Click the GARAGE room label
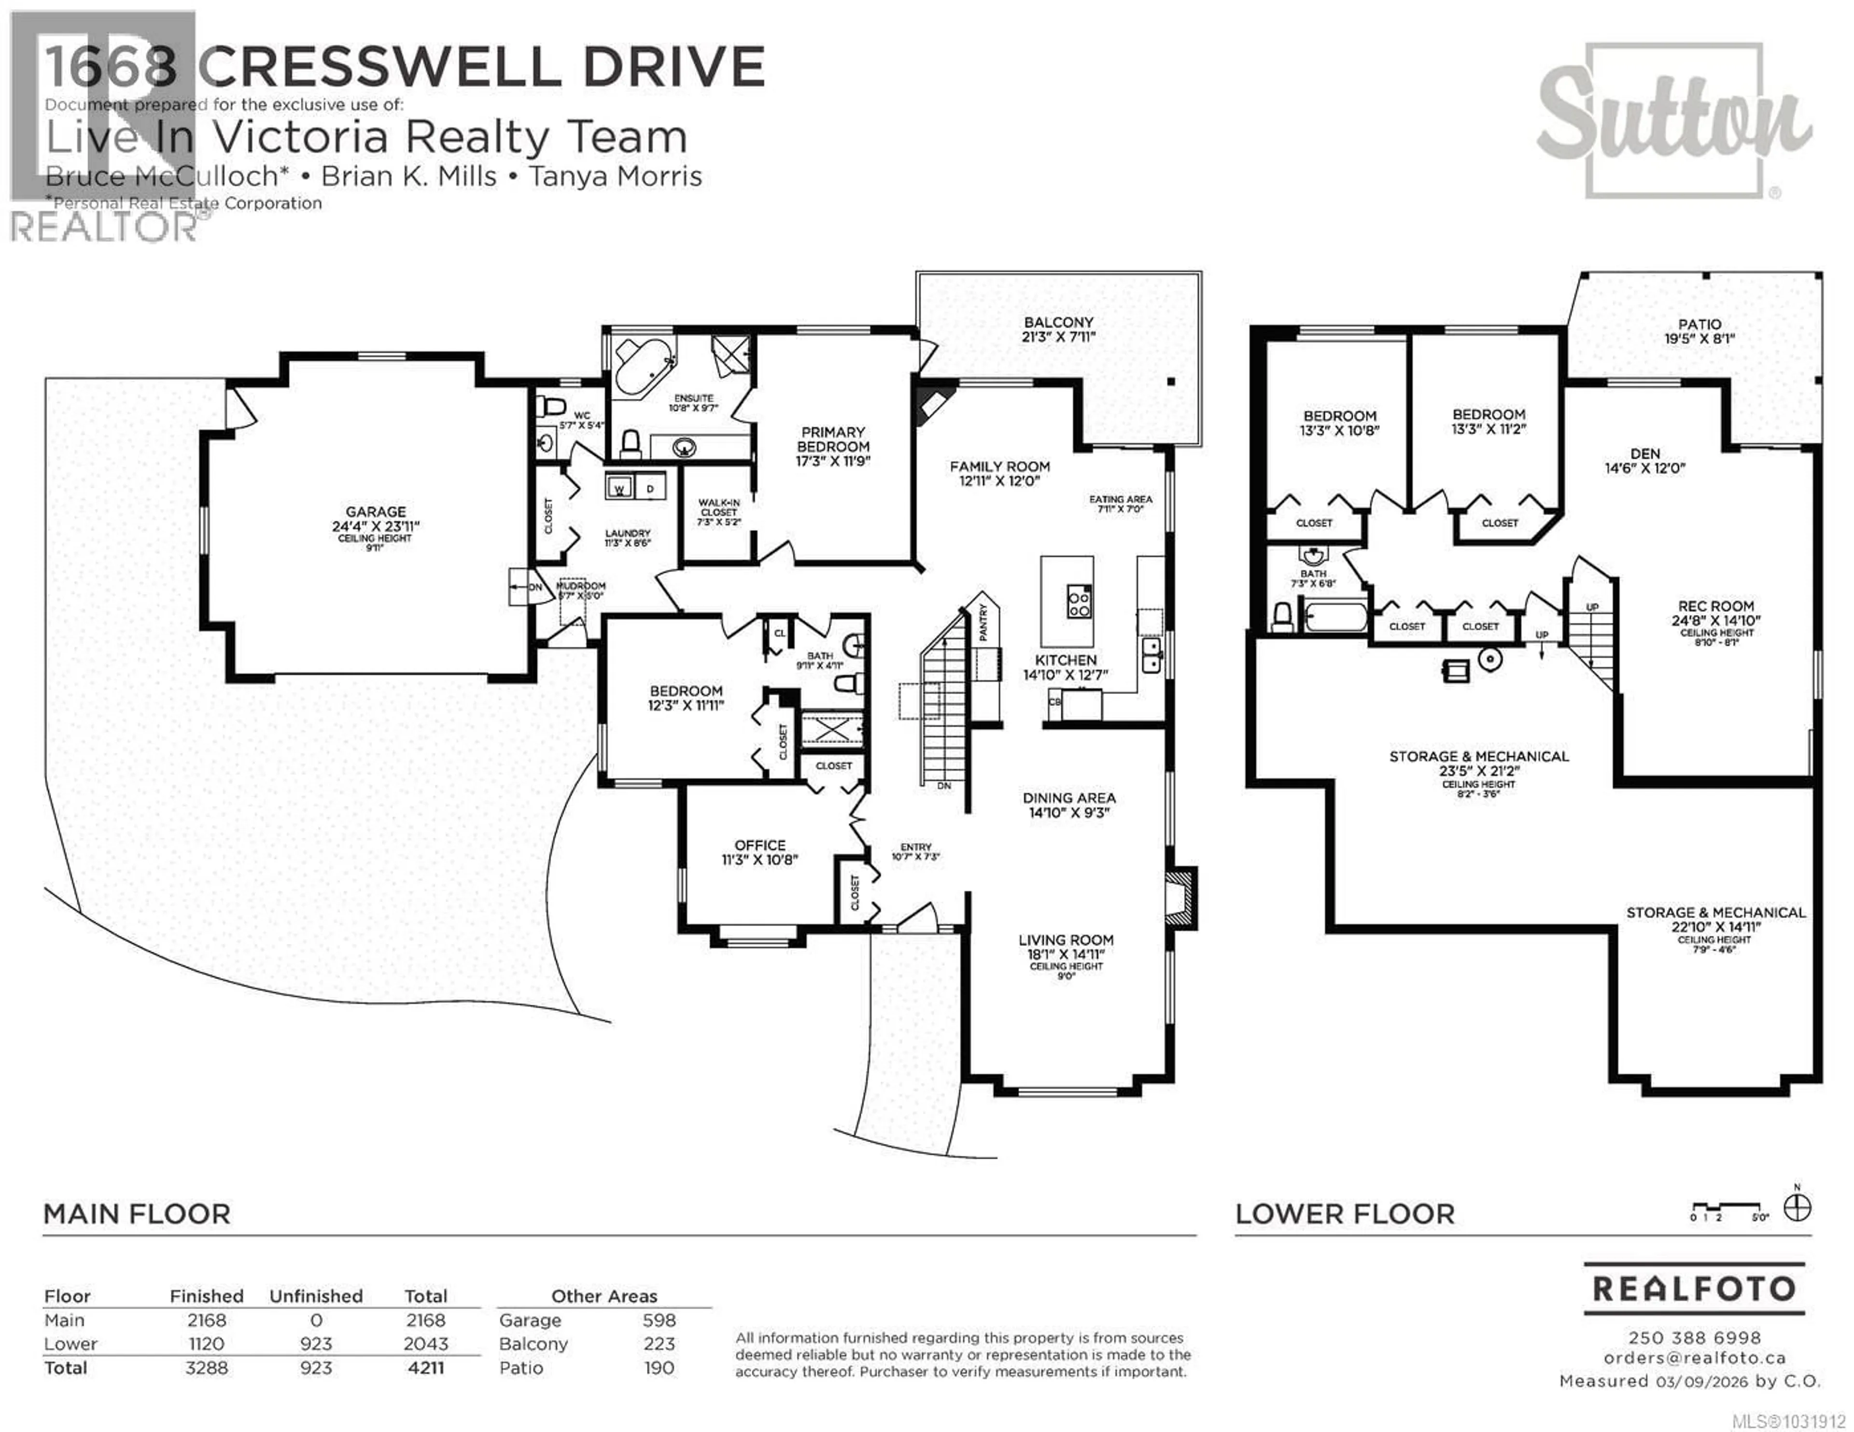[375, 512]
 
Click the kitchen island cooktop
[1079, 603]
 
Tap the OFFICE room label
[760, 846]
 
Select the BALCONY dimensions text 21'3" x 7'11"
[1059, 337]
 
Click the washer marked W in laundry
[619, 488]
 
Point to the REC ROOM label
[1715, 606]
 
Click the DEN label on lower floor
[1644, 454]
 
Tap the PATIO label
[1699, 324]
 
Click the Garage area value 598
[659, 1320]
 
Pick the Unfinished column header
[316, 1296]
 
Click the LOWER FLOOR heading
[1345, 1214]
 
